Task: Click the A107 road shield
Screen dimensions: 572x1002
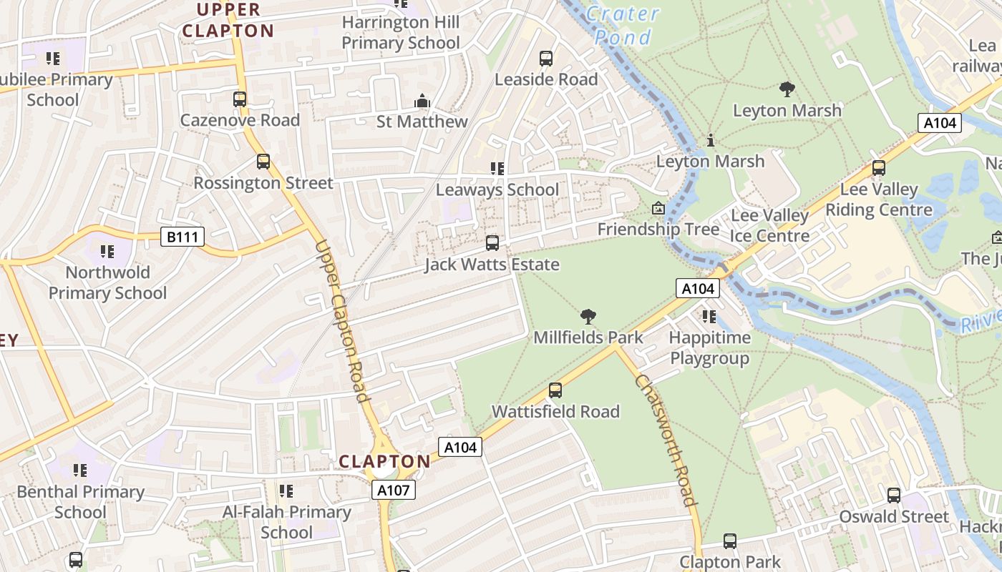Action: (x=393, y=490)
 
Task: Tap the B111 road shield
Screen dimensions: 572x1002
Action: (x=183, y=237)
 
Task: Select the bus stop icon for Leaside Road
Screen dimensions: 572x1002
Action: (x=546, y=59)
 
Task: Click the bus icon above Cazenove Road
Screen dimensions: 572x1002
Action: (x=240, y=99)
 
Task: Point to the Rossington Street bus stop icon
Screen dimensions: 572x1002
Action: (x=263, y=162)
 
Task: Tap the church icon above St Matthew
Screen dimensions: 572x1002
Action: (x=422, y=101)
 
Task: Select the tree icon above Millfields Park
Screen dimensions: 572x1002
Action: (x=588, y=316)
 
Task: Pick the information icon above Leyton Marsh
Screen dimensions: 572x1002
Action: (x=710, y=140)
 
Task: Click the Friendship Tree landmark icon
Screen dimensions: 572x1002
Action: (x=658, y=209)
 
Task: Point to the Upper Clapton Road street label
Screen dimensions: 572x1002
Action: (x=341, y=322)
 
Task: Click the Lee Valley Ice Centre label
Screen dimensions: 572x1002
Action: (x=769, y=225)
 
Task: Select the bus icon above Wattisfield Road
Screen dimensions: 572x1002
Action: (x=555, y=390)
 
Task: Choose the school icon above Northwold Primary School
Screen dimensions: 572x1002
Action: (x=107, y=251)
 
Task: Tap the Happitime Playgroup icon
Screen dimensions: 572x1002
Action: (x=709, y=316)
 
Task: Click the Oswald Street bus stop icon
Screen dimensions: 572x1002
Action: (x=894, y=495)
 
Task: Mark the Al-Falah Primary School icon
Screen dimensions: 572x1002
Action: (x=286, y=490)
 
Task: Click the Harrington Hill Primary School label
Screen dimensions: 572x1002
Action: (x=400, y=32)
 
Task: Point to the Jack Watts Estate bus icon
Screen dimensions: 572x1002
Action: (x=492, y=243)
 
